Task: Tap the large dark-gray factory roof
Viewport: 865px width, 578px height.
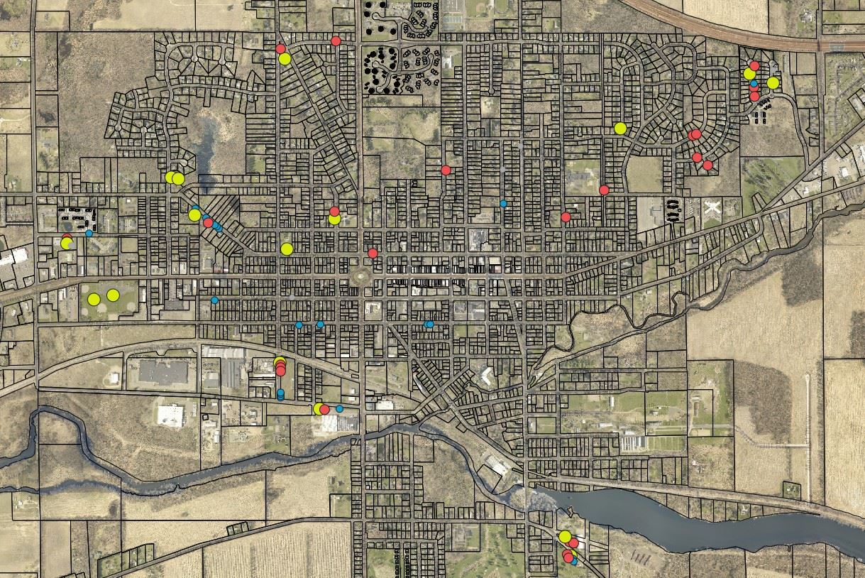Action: coord(163,371)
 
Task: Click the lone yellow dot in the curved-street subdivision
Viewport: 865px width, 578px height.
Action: coord(620,129)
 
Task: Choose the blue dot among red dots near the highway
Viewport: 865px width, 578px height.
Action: coord(754,84)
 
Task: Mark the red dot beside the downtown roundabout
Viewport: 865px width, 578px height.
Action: coord(373,253)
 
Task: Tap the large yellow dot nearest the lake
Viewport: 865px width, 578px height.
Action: coord(565,536)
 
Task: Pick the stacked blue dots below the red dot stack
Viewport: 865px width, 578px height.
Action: coord(280,395)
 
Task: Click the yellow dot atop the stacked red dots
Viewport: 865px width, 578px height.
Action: coord(280,361)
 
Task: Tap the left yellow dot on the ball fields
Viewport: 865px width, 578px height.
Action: coord(94,299)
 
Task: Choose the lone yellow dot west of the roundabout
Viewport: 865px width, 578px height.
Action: coord(287,249)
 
